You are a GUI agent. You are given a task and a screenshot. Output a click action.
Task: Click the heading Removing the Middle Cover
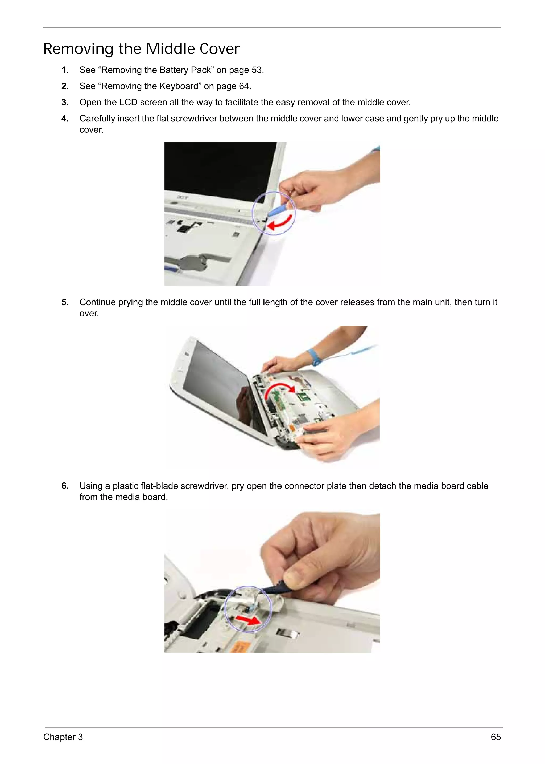141,49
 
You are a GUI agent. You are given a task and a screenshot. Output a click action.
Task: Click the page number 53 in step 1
257,70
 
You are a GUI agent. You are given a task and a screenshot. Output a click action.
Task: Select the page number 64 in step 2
244,86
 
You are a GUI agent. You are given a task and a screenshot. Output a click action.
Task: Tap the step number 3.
65,103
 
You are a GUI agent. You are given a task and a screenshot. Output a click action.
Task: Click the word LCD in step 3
128,103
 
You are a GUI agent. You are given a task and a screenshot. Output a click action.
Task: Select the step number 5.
65,302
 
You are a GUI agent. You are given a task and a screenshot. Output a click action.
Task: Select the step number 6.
65,486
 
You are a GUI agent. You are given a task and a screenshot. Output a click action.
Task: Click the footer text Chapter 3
63,737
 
